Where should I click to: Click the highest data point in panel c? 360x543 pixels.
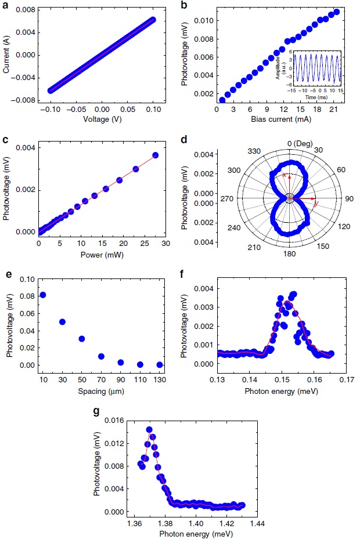point(155,155)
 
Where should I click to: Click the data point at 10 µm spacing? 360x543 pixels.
point(42,295)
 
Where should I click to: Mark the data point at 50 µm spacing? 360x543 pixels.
point(82,339)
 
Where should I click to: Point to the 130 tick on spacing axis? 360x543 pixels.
point(160,379)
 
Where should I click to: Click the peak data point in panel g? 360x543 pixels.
point(149,430)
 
